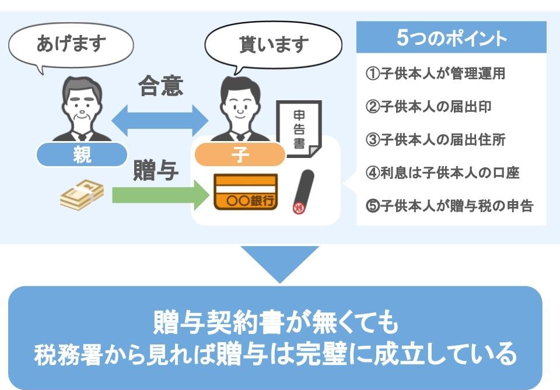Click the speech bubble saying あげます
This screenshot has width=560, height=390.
pyautogui.click(x=71, y=45)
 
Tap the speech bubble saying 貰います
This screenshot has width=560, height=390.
pyautogui.click(x=273, y=45)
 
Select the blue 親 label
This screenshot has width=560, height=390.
pyautogui.click(x=82, y=154)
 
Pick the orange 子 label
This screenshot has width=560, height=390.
pyautogui.click(x=240, y=154)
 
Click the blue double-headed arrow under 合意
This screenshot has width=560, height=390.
pyautogui.click(x=160, y=121)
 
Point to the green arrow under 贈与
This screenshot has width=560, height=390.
pyautogui.click(x=161, y=195)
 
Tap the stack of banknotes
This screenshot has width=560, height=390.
pyautogui.click(x=82, y=195)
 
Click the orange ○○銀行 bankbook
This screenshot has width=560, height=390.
pyautogui.click(x=246, y=192)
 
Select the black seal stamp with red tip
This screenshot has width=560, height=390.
pyautogui.click(x=303, y=192)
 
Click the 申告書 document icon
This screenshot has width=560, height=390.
pyautogui.click(x=299, y=129)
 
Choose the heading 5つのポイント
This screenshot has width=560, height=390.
pyautogui.click(x=452, y=37)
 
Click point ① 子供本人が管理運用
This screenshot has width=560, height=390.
pyautogui.click(x=435, y=73)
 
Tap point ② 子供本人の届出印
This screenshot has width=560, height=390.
pyautogui.click(x=429, y=106)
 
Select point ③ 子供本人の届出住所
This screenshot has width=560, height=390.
pyautogui.click(x=435, y=139)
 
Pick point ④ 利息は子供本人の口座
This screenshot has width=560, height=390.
pyautogui.click(x=443, y=173)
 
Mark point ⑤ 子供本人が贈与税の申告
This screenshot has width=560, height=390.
pyautogui.click(x=449, y=206)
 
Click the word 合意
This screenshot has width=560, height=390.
pyautogui.click(x=161, y=86)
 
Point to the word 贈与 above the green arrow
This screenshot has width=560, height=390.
pyautogui.click(x=156, y=171)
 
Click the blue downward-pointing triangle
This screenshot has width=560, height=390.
pyautogui.click(x=279, y=262)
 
